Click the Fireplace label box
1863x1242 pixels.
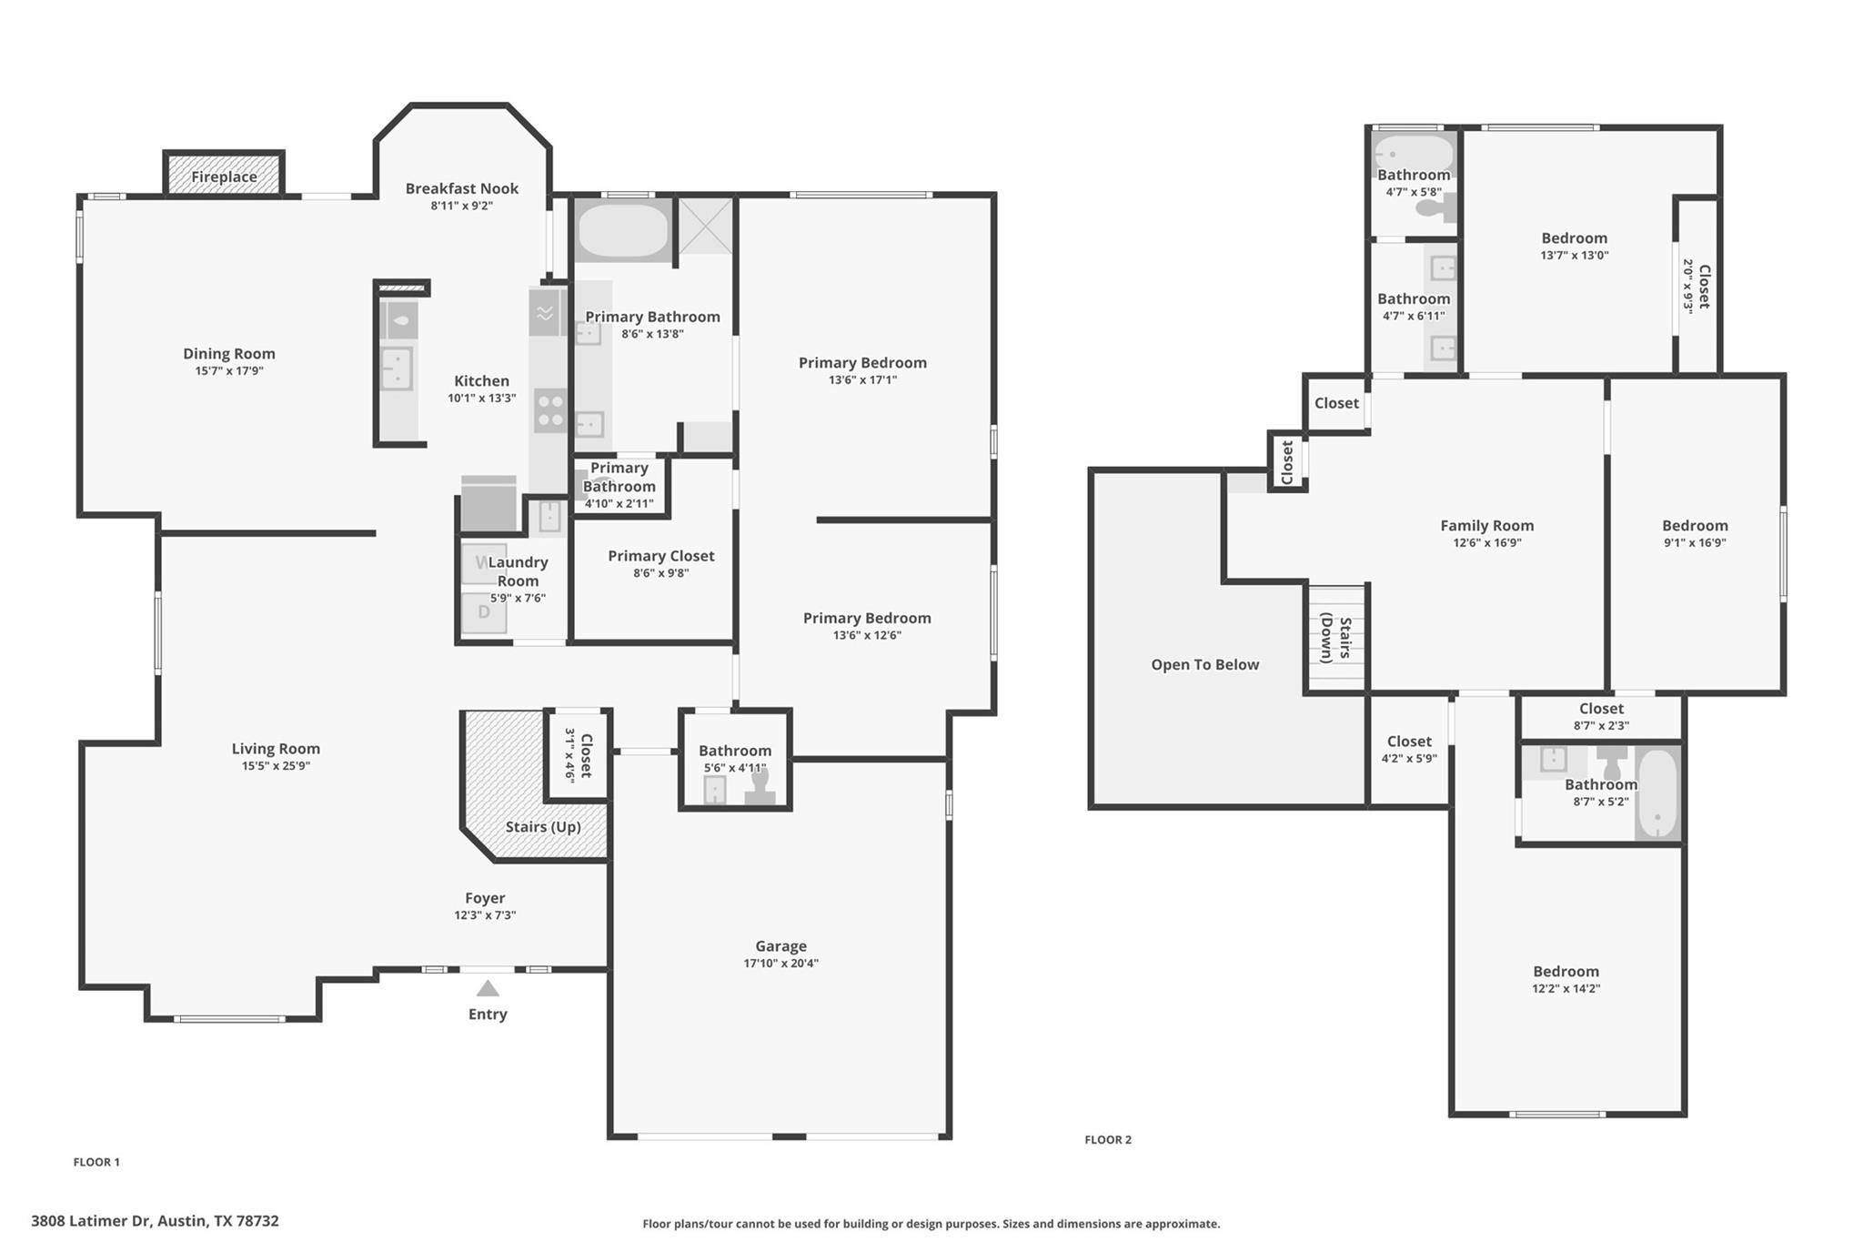[x=224, y=173]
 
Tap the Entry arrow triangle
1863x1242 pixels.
[x=488, y=988]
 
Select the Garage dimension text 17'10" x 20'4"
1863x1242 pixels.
[x=780, y=964]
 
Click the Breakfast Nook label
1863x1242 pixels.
[x=462, y=188]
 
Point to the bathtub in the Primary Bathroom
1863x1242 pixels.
[x=623, y=230]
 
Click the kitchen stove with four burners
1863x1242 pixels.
[x=550, y=410]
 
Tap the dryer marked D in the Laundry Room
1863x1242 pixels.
[x=483, y=612]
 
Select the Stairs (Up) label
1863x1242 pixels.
[x=543, y=827]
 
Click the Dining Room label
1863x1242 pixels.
[x=229, y=354]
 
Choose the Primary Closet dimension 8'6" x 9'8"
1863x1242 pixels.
[x=661, y=573]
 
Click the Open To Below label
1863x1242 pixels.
[x=1205, y=665]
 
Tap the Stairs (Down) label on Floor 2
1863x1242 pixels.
[x=1336, y=638]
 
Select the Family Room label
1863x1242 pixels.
[x=1487, y=526]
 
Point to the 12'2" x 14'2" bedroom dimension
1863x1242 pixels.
[x=1566, y=989]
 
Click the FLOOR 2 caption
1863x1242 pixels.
[x=1108, y=1139]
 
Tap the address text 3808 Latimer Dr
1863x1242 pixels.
[x=90, y=1221]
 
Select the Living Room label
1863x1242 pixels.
[x=276, y=749]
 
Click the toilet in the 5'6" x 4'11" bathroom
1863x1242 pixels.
[x=760, y=787]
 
